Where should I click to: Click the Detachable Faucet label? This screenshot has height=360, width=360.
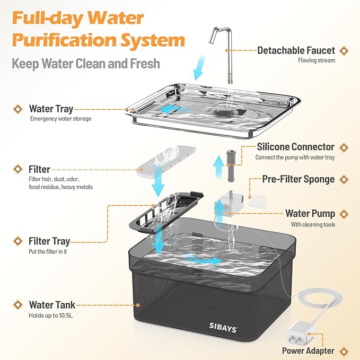point(296,50)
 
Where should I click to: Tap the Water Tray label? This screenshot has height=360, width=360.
point(51,109)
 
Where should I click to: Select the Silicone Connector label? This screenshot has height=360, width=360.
point(295,147)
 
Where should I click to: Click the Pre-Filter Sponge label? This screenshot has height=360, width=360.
point(298,179)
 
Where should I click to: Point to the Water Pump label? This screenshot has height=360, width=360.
point(310,214)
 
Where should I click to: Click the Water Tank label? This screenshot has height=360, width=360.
point(51,305)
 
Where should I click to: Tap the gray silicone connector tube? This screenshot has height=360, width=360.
point(230,160)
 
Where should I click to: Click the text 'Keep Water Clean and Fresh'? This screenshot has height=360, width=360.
point(86,64)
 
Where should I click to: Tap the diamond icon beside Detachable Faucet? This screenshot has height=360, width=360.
point(344,50)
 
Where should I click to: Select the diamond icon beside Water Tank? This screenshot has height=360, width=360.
point(19,305)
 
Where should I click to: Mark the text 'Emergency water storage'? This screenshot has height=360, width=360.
point(60,119)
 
